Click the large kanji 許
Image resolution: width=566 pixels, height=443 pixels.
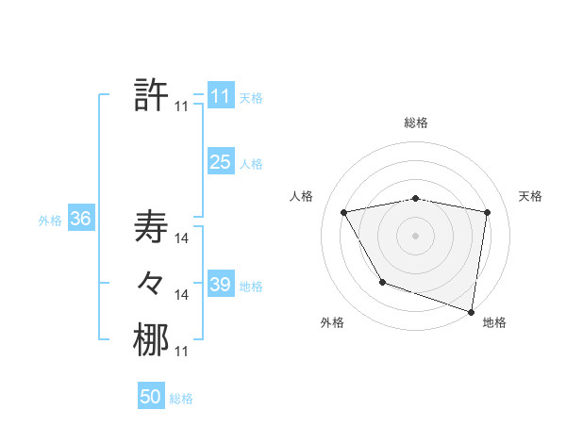(x=151, y=95)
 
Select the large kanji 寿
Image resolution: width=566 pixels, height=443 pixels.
(x=151, y=227)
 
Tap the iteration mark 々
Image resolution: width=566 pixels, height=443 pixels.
(x=151, y=282)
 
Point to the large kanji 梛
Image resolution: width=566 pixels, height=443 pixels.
(x=151, y=339)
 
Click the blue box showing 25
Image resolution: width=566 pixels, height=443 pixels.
(x=220, y=162)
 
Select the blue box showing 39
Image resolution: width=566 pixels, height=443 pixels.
(x=220, y=285)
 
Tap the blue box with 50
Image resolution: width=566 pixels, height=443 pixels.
(x=151, y=397)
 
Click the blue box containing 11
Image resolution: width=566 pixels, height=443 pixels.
(x=220, y=96)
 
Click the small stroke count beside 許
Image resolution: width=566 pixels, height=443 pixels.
(x=181, y=107)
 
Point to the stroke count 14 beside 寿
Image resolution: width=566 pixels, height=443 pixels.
(x=181, y=239)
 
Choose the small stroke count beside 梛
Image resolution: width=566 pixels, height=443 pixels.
(x=181, y=352)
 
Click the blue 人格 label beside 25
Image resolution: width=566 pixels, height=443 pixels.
(x=251, y=164)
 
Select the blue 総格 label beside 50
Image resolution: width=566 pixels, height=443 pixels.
(x=181, y=399)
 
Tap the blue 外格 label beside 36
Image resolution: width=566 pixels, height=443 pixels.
(x=50, y=221)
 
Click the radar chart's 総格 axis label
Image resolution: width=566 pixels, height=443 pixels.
(x=415, y=123)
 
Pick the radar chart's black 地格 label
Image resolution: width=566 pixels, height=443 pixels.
(x=494, y=322)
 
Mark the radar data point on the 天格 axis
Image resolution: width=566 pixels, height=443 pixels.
(x=488, y=212)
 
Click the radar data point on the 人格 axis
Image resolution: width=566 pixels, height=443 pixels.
(x=344, y=212)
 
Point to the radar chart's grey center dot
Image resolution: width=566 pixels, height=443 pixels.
(x=415, y=235)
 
